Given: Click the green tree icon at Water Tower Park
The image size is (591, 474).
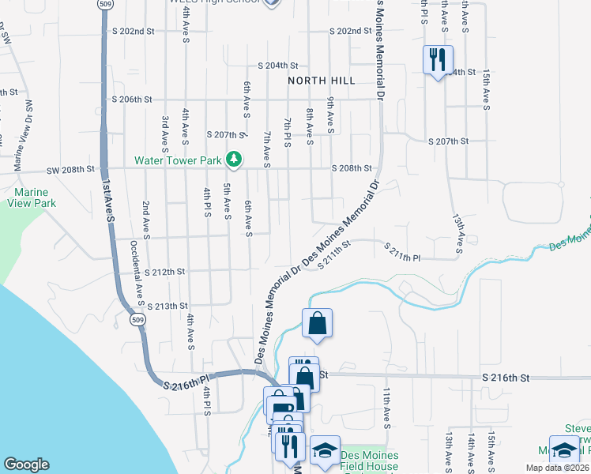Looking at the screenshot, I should coord(234,160).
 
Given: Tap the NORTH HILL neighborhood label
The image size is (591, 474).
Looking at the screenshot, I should coord(321,81).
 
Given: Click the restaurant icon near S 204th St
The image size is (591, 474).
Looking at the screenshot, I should coord(435,59).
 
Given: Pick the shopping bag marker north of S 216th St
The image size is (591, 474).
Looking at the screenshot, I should coord(317,322).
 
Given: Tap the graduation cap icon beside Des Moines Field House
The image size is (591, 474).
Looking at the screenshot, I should coord(325,450).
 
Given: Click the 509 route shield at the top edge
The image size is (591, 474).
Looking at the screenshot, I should coord(105,4).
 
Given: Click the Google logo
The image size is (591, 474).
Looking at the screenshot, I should coord(26,465).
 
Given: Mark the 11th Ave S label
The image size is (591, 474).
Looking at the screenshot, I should coord(387,407).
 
